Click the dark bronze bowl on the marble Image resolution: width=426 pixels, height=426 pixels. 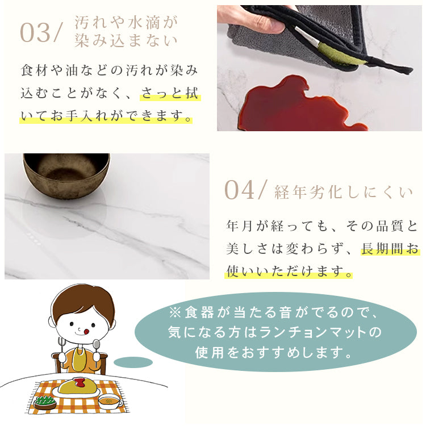click(x=66, y=174)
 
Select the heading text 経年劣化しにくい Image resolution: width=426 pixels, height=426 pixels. click(x=343, y=192)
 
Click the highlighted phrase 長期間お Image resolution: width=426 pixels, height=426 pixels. click(x=390, y=249)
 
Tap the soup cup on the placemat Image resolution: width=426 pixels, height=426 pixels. click(x=110, y=402)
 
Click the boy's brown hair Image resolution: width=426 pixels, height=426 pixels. click(x=82, y=301)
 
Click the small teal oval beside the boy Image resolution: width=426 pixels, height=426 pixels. click(x=133, y=362)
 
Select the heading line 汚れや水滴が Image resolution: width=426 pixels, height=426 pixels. click(x=126, y=23)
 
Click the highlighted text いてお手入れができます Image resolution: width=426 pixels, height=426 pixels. click(x=106, y=116)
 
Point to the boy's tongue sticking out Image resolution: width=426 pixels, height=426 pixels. click(x=86, y=329)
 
